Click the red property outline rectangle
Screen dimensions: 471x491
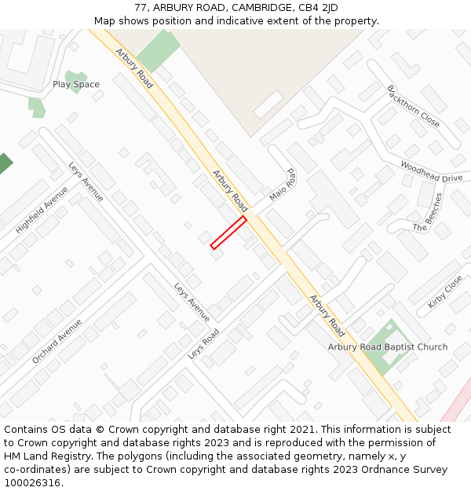[x=228, y=233]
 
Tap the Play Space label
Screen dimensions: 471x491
[x=76, y=84]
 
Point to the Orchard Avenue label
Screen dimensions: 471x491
[x=57, y=340]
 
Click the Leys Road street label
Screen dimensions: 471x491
[x=203, y=344]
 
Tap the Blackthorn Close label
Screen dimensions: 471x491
[x=413, y=106]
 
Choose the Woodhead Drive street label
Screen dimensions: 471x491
[x=431, y=172]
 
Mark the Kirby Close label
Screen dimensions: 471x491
[x=445, y=291]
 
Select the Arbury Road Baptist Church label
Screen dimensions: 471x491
[x=388, y=346]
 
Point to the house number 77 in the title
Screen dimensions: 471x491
[x=140, y=8]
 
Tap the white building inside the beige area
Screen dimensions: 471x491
[x=268, y=104]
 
